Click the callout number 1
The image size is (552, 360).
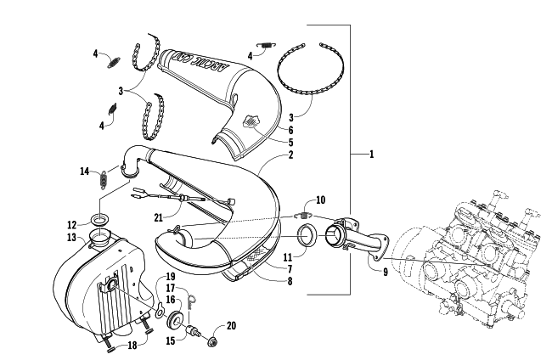coord(372,155)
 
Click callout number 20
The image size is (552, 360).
coord(229,326)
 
